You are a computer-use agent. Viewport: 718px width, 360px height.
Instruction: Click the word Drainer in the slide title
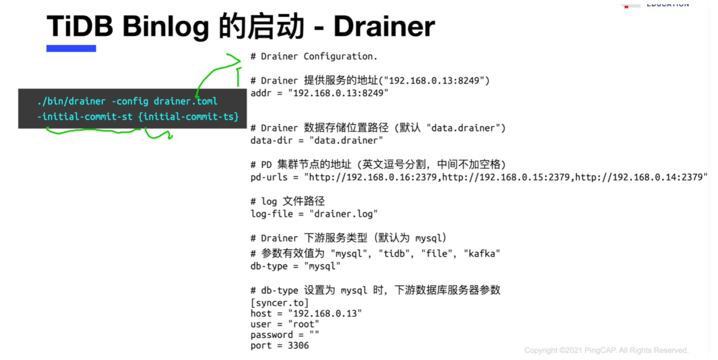[x=384, y=26]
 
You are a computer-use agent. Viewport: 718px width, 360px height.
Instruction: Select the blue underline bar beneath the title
[x=71, y=48]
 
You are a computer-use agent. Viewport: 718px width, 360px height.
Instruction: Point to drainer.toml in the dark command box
[x=185, y=101]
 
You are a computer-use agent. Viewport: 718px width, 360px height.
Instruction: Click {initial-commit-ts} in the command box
[x=189, y=116]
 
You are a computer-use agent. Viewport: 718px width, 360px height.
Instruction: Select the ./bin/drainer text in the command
[x=71, y=101]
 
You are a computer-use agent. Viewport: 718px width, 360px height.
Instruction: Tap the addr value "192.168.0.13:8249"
[x=338, y=93]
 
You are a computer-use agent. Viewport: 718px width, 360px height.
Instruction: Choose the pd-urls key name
[x=269, y=177]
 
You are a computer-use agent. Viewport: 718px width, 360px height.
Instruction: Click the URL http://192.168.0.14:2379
[x=639, y=177]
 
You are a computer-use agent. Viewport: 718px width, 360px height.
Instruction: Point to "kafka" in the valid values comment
[x=482, y=254]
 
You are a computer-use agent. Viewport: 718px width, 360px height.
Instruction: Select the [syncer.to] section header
[x=279, y=302]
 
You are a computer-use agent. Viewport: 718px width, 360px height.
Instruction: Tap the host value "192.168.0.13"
[x=325, y=313]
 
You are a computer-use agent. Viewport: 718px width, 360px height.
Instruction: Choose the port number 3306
[x=298, y=346]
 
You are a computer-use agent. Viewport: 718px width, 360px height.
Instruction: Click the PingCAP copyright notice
[x=606, y=350]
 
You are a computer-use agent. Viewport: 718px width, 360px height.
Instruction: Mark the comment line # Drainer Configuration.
[x=314, y=57]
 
